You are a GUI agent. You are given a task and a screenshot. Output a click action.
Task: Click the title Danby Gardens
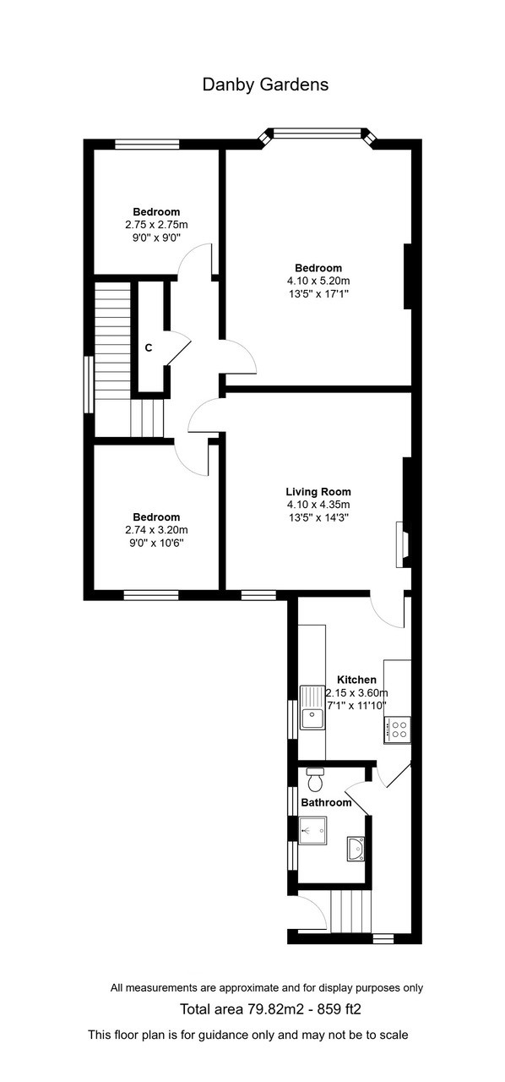click(x=265, y=85)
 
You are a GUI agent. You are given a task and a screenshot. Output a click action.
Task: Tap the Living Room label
click(x=318, y=491)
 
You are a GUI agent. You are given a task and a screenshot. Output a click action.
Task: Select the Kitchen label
click(x=356, y=680)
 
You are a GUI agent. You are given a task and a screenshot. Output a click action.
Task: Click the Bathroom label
click(x=326, y=802)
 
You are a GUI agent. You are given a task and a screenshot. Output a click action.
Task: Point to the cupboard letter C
click(x=148, y=347)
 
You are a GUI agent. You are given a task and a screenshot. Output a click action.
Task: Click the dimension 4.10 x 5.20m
click(x=318, y=281)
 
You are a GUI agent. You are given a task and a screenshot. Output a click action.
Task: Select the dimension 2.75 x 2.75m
click(x=155, y=225)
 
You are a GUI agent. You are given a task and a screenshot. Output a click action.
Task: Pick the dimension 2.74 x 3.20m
click(x=155, y=530)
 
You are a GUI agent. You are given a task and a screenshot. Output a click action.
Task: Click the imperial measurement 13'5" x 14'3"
click(x=318, y=518)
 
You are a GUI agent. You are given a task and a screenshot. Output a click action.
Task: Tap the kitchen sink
click(x=312, y=718)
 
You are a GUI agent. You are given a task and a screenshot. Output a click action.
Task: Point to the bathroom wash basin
click(x=356, y=848)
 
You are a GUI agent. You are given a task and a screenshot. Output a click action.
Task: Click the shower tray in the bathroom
click(x=312, y=830)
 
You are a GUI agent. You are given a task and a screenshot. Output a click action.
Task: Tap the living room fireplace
click(x=402, y=544)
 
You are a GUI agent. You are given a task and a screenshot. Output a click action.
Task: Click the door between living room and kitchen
click(x=388, y=610)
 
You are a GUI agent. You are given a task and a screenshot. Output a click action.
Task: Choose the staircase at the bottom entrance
click(x=350, y=910)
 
